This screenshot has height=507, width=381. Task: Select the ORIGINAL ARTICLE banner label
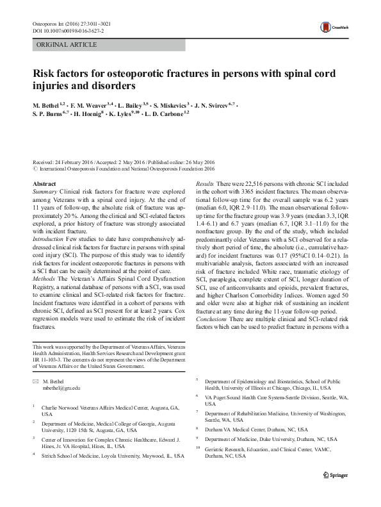click(x=67, y=45)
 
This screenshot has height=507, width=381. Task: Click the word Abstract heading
click(x=43, y=184)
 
